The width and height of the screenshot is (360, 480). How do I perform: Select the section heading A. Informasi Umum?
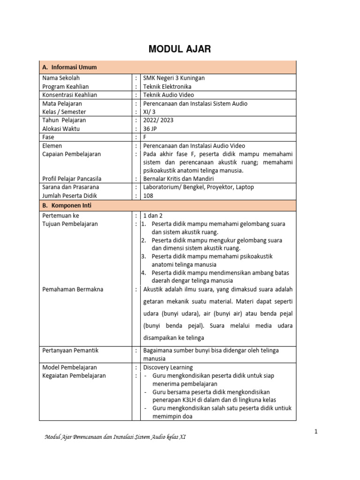(69, 67)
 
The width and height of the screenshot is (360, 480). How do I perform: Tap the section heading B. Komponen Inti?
(68, 205)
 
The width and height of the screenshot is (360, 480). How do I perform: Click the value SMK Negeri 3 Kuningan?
(173, 78)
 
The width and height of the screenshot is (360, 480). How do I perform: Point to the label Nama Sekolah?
(61, 78)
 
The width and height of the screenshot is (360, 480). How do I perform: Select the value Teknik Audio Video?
(168, 95)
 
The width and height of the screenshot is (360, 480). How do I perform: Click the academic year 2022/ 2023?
(158, 120)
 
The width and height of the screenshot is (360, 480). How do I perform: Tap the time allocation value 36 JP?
(150, 128)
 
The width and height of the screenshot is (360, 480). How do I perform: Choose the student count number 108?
(148, 195)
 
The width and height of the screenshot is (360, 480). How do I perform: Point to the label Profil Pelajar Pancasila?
(72, 179)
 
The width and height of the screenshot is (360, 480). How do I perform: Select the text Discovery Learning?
(168, 367)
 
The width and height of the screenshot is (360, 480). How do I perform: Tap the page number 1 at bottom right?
(316, 431)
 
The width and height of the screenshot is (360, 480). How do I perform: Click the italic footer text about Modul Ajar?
(115, 437)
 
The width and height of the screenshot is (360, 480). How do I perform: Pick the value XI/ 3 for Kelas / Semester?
(150, 112)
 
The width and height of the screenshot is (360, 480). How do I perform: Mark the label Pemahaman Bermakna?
(73, 289)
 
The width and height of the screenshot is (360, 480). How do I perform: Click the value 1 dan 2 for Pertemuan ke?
(153, 216)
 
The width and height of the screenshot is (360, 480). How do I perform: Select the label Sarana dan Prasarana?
(70, 187)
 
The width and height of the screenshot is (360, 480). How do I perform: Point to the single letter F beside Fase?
(145, 137)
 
